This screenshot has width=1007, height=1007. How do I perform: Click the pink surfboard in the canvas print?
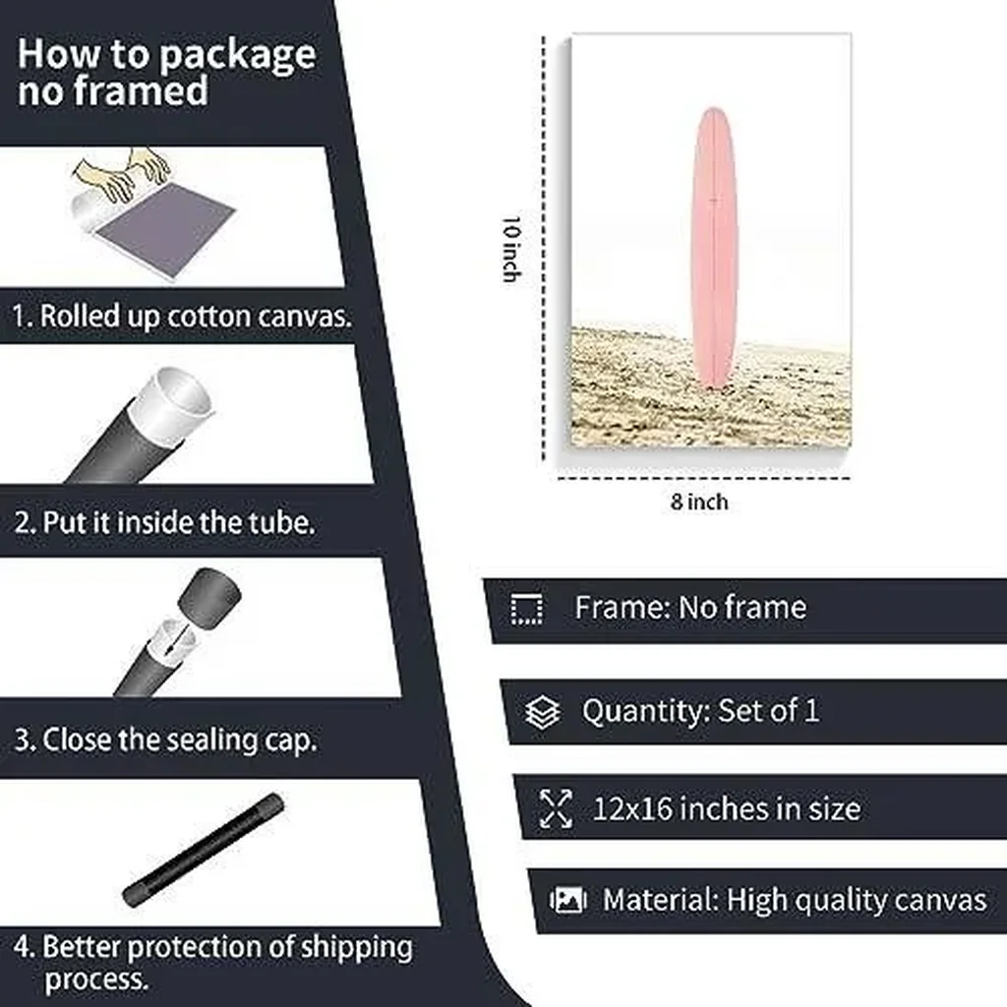click(714, 247)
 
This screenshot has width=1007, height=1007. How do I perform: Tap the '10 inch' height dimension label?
click(511, 249)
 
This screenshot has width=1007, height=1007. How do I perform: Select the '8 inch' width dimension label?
click(699, 502)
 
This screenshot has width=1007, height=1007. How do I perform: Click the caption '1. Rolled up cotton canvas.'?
click(182, 316)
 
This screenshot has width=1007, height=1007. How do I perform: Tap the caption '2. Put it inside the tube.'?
click(164, 522)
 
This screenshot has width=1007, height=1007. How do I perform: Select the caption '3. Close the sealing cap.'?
click(165, 740)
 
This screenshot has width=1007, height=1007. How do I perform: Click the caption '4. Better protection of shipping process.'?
click(212, 962)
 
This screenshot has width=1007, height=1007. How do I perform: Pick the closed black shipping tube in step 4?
click(204, 850)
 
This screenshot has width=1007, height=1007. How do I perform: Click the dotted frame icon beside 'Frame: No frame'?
click(527, 609)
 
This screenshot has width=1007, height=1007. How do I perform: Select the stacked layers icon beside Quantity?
click(543, 712)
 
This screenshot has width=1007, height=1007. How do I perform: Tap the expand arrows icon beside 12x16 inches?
click(556, 808)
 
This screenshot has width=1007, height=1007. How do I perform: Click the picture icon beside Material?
click(567, 900)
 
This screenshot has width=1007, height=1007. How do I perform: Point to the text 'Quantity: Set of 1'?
click(700, 711)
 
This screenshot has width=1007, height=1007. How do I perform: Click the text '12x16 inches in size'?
click(727, 808)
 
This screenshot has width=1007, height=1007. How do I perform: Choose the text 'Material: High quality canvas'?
click(795, 901)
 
